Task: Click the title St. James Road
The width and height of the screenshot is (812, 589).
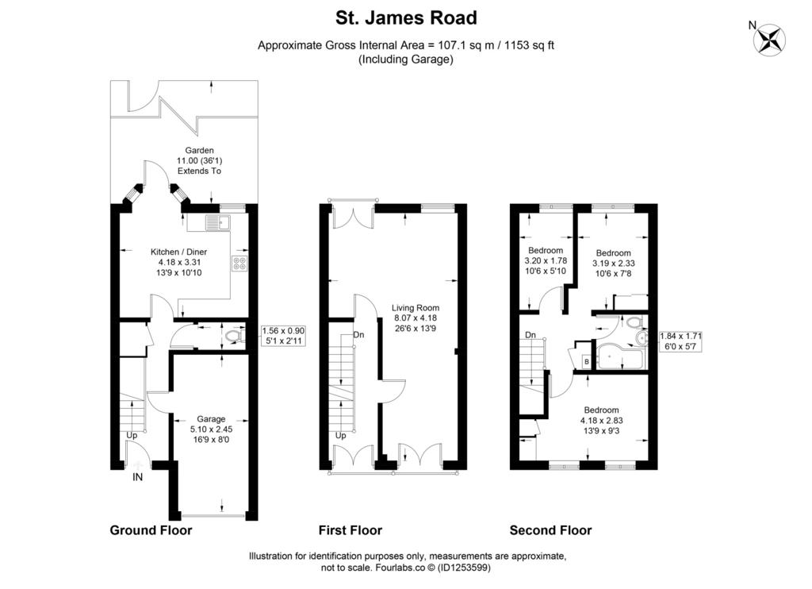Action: click(406, 17)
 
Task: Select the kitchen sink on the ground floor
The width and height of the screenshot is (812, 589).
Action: click(218, 223)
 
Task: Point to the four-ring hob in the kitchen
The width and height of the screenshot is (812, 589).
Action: click(239, 264)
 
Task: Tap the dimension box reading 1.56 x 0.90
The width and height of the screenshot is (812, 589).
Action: click(283, 336)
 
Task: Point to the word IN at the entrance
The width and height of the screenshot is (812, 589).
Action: click(137, 477)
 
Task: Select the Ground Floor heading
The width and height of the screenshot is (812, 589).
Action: click(151, 530)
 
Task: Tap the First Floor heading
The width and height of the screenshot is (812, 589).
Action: click(350, 530)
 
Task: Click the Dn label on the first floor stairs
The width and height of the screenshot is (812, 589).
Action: click(359, 335)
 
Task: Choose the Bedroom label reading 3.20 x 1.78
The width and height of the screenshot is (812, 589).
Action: click(546, 260)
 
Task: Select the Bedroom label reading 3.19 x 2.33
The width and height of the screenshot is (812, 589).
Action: click(613, 263)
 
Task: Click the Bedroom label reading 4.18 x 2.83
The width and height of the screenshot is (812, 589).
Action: click(601, 421)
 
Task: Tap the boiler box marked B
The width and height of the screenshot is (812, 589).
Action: click(586, 362)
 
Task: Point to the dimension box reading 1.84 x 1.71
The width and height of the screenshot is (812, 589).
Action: click(680, 341)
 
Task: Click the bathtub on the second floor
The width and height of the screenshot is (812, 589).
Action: click(620, 356)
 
